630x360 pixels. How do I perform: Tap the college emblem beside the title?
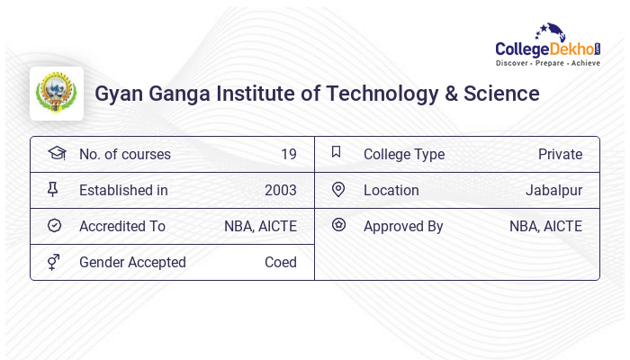coord(57,94)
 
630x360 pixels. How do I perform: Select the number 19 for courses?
coord(288,154)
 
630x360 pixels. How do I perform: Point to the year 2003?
coord(280,190)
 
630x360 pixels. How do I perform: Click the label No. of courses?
coord(124,154)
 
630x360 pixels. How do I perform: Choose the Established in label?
coord(123,190)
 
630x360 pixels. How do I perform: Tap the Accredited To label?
coord(122,226)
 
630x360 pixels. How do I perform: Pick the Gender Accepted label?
coord(132,262)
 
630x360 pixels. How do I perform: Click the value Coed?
coord(280,262)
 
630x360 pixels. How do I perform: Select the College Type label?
coord(404,154)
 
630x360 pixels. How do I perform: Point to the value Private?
coord(560,154)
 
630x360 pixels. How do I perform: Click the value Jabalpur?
coord(553,190)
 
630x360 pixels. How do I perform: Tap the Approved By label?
coord(403,226)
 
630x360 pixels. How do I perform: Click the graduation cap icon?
coord(56,153)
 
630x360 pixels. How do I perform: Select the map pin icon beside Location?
coord(338,189)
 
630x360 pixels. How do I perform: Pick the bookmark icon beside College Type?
coord(337,152)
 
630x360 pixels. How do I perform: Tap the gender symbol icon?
coord(54,262)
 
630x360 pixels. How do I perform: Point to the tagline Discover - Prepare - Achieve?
coord(548,64)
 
